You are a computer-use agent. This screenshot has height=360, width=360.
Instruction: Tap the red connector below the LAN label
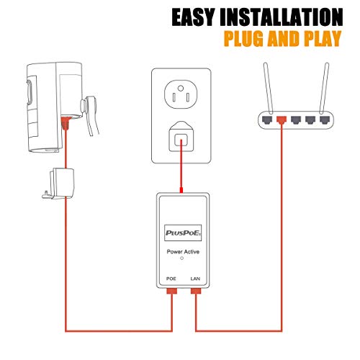point(196,292)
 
